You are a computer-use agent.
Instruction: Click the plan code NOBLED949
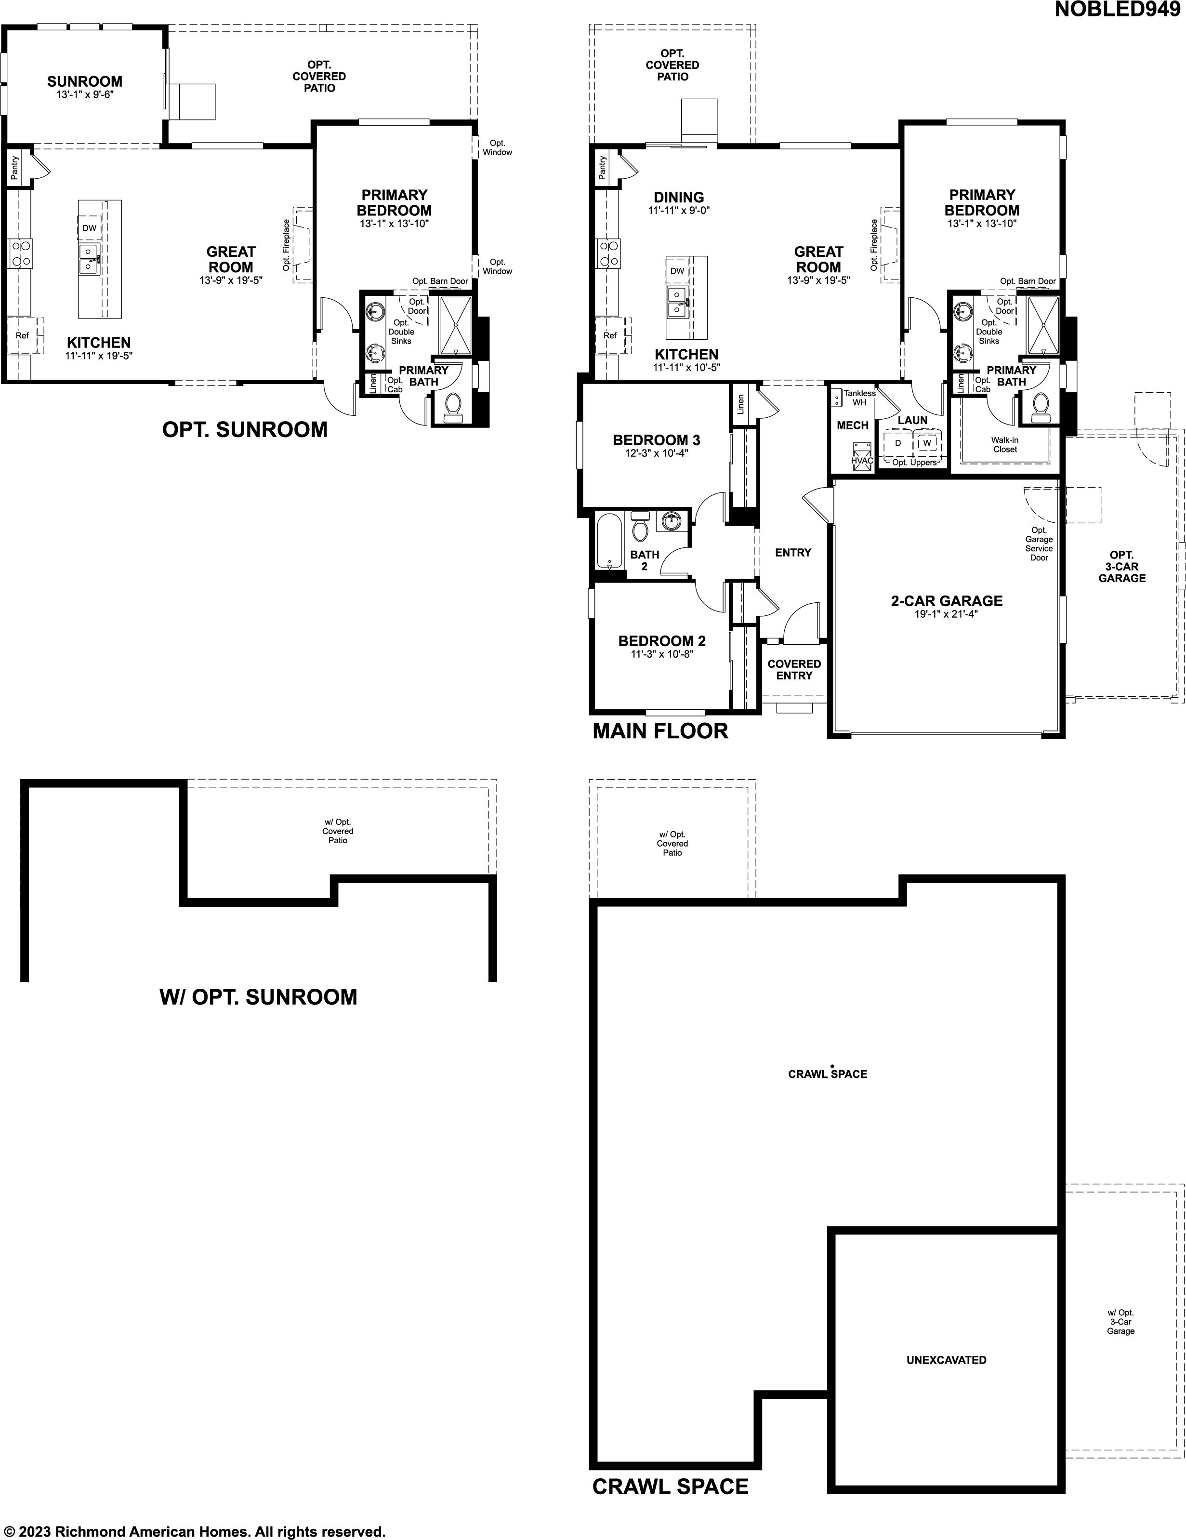pos(1117,10)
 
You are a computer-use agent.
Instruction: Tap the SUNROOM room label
pos(85,81)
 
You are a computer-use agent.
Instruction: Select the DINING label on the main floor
pos(678,198)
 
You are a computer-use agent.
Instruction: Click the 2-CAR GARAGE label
pos(946,601)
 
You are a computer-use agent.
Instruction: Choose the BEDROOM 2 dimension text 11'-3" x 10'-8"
pos(661,654)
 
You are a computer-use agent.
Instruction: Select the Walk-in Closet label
pos(1005,444)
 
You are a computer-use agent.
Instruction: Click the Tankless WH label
pos(859,398)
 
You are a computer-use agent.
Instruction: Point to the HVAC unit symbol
pos(862,455)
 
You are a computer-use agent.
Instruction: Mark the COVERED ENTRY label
pos(794,669)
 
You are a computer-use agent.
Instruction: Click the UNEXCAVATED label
pos(946,1359)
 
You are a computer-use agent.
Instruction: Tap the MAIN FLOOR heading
pos(660,731)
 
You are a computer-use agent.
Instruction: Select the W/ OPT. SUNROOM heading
pos(258,997)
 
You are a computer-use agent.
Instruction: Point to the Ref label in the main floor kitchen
pos(610,336)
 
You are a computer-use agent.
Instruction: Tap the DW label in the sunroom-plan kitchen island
pos(89,228)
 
